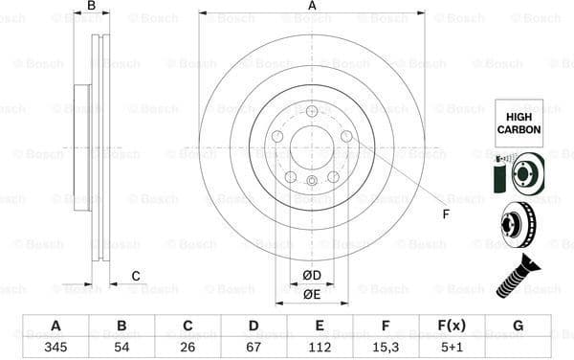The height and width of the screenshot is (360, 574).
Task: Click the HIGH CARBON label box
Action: click(518, 122)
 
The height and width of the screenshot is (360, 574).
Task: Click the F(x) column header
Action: click(452, 325)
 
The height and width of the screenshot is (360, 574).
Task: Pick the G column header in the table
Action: click(518, 325)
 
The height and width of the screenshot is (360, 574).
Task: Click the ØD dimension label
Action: click(311, 276)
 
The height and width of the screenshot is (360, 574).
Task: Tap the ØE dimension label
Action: click(311, 294)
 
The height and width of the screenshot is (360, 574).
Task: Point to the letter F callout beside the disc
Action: click(445, 214)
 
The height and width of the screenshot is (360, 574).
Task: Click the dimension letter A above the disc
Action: click(312, 7)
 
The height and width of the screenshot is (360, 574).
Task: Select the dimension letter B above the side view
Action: click(92, 7)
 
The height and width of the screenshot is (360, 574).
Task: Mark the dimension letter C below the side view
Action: click(136, 277)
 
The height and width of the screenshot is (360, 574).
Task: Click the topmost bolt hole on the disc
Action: click(312, 112)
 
